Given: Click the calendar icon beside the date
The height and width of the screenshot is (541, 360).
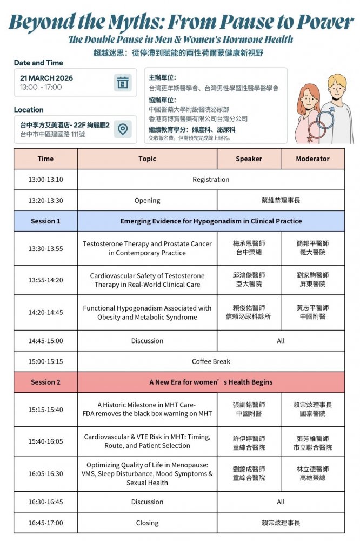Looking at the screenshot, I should [123, 83].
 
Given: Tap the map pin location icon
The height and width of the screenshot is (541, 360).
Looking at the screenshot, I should [123, 129].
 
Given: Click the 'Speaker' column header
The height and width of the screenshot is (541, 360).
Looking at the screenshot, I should [249, 159].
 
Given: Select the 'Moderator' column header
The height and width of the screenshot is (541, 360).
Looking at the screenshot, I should [312, 159].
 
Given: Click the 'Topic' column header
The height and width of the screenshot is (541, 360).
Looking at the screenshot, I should [147, 159].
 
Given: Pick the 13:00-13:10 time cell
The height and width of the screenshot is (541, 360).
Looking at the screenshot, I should [45, 180].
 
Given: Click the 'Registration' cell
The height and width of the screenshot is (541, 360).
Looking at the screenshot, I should [211, 180].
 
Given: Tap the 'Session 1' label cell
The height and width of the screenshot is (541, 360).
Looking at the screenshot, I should [45, 221].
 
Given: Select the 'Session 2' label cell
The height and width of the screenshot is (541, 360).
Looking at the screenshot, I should [45, 382].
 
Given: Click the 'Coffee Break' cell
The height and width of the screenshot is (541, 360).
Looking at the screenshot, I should [211, 361].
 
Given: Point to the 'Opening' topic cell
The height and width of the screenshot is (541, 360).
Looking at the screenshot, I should [147, 201].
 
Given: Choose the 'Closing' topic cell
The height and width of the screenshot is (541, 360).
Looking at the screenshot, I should [147, 523].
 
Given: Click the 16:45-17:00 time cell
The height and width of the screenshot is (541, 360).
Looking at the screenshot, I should [45, 523].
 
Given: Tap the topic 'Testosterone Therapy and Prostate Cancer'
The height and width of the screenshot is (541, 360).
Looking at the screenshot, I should [147, 248].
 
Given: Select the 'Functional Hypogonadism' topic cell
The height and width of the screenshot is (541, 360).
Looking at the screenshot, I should [147, 313].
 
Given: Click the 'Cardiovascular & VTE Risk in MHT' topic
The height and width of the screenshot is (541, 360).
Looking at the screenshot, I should [147, 441].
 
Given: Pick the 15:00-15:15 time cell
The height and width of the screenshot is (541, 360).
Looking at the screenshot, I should [45, 361].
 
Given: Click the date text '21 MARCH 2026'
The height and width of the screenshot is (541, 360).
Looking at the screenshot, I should [46, 78].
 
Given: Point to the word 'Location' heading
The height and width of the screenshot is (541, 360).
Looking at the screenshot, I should [29, 110].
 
